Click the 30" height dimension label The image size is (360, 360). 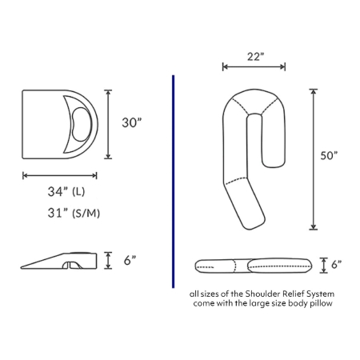[132, 122]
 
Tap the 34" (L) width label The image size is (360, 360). [66, 191]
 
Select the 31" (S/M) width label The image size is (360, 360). [74, 213]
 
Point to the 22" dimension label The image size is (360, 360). [255, 57]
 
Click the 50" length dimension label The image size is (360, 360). [330, 155]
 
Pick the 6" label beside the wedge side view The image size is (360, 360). [130, 260]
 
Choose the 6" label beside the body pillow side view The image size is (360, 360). [337, 265]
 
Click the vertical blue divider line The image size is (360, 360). [174, 182]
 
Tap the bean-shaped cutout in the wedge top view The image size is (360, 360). [81, 124]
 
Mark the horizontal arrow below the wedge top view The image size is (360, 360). [60, 175]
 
